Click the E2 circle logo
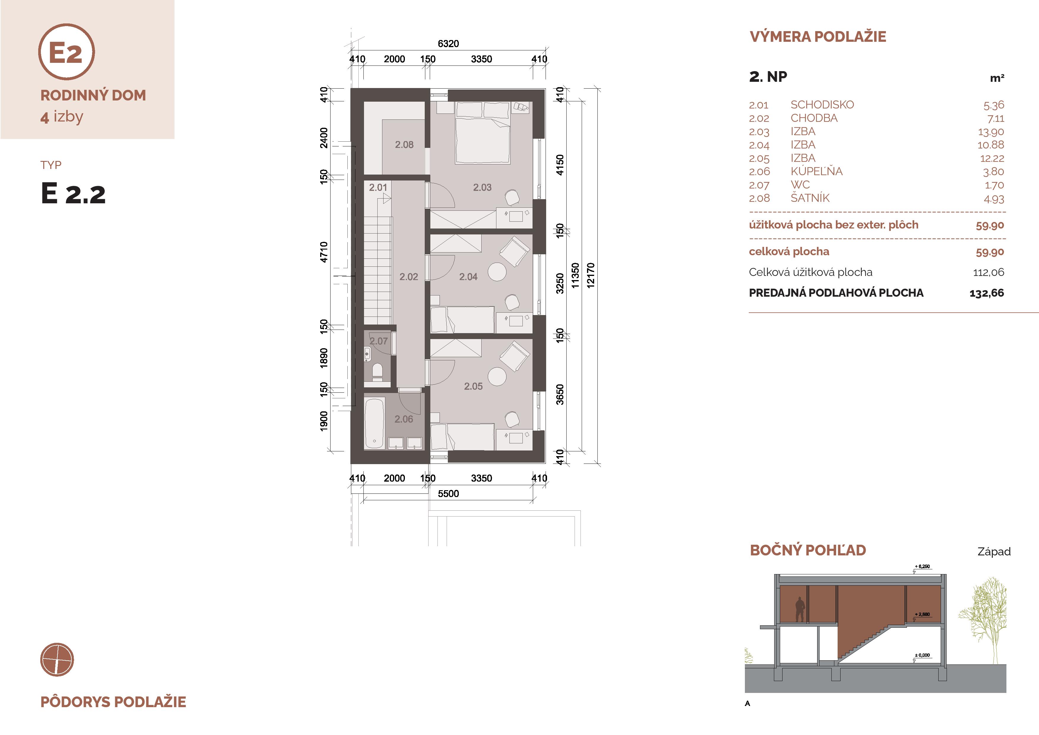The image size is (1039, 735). (67, 52)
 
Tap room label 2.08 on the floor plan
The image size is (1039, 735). (404, 145)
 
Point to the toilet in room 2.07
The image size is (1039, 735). (377, 372)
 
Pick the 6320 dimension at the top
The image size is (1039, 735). (448, 44)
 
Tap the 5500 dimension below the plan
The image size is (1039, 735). (448, 494)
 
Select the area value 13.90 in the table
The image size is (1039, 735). (991, 132)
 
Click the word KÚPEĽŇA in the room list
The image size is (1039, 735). (816, 171)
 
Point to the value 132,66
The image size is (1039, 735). (987, 293)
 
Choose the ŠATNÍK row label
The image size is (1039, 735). (810, 198)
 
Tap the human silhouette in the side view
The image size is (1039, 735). (800, 609)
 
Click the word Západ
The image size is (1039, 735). (994, 552)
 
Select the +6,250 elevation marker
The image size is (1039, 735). (922, 567)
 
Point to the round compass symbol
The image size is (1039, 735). (57, 659)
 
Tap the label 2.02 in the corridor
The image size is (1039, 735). (409, 277)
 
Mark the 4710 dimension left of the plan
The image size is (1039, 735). (323, 252)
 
